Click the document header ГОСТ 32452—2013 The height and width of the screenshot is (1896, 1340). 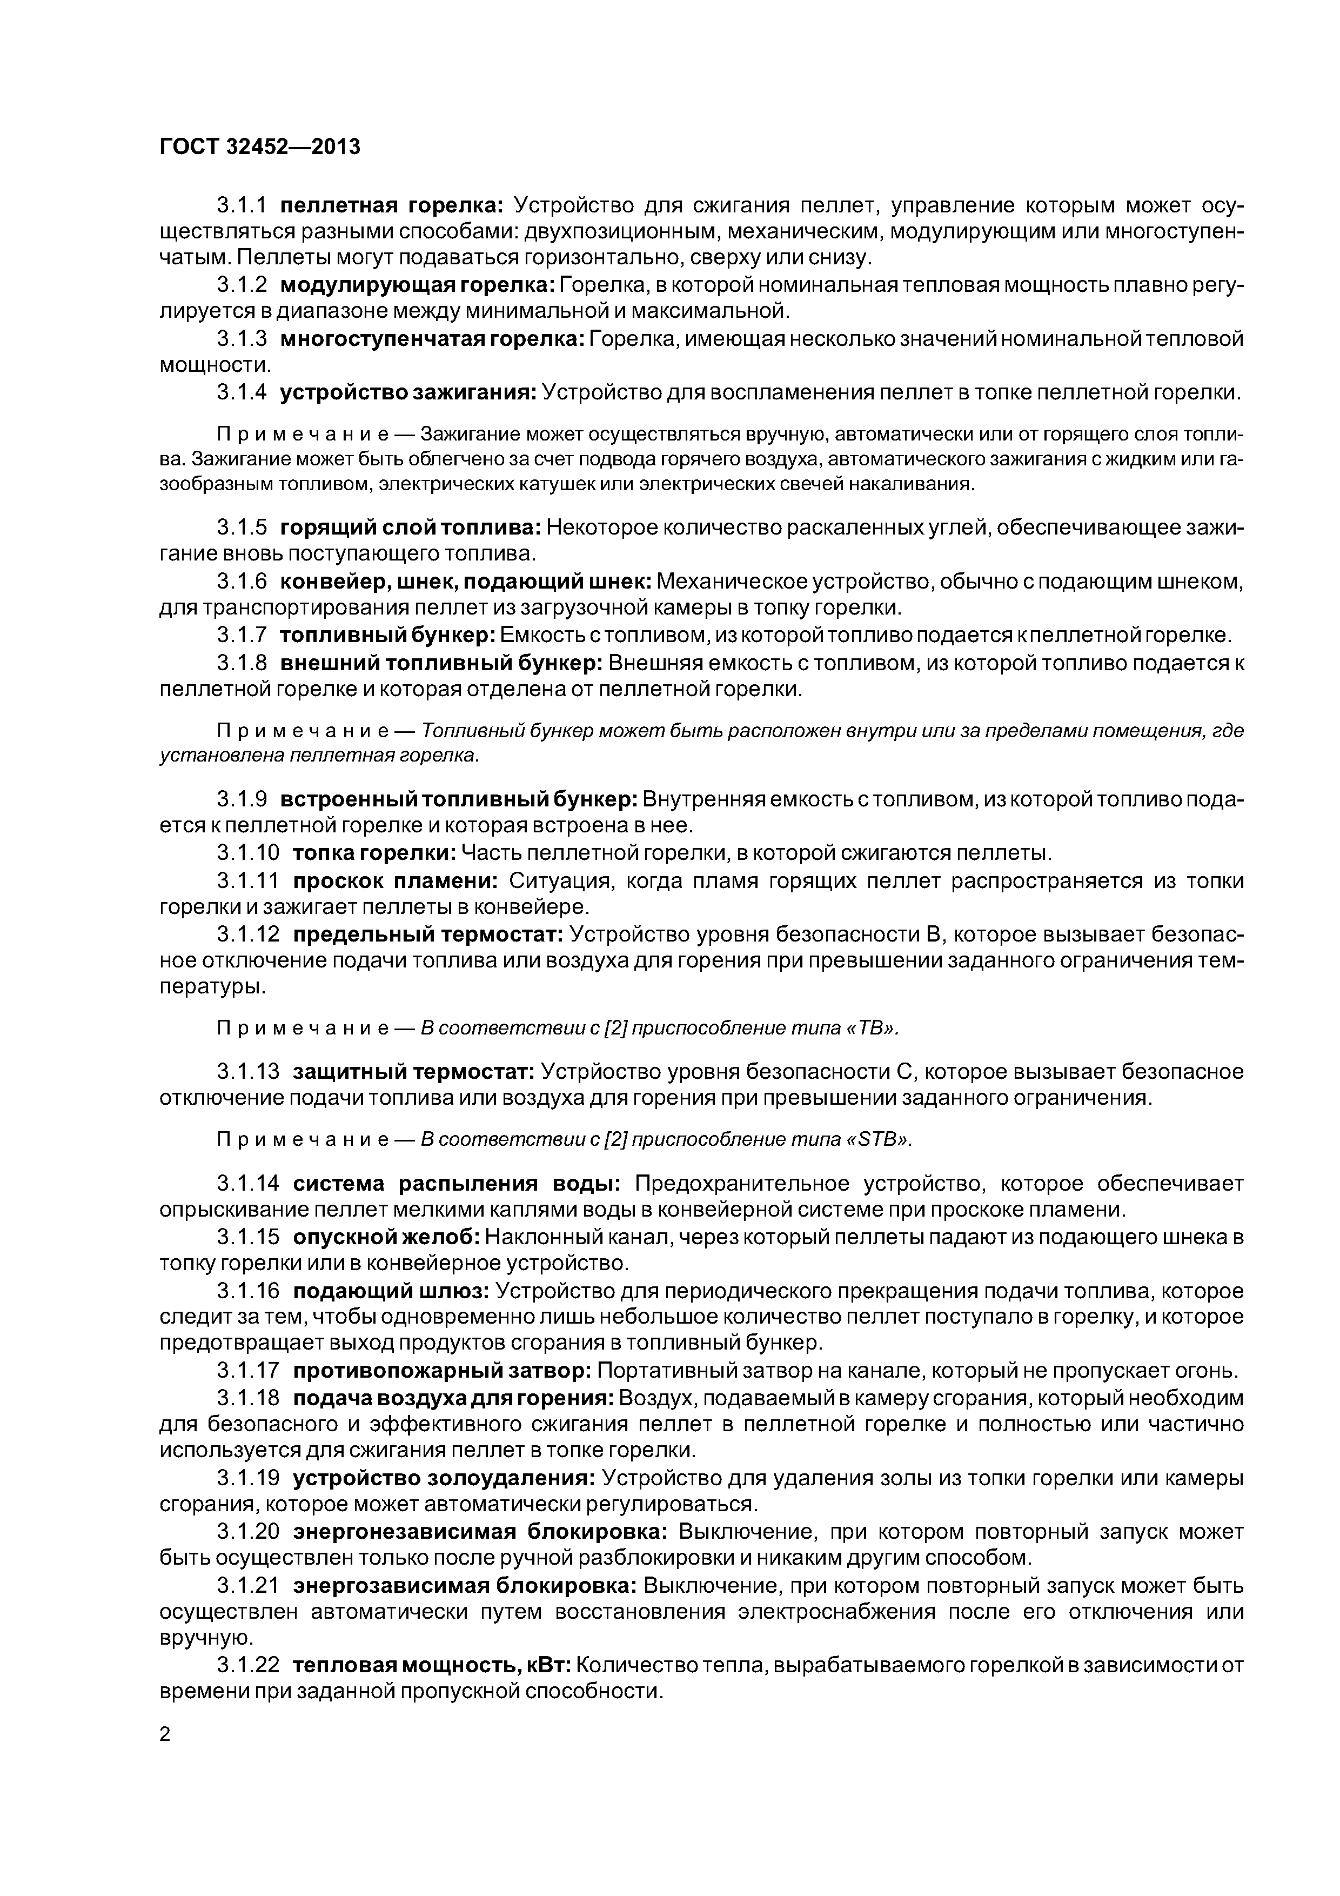click(260, 147)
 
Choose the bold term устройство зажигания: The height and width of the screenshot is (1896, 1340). click(408, 392)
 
